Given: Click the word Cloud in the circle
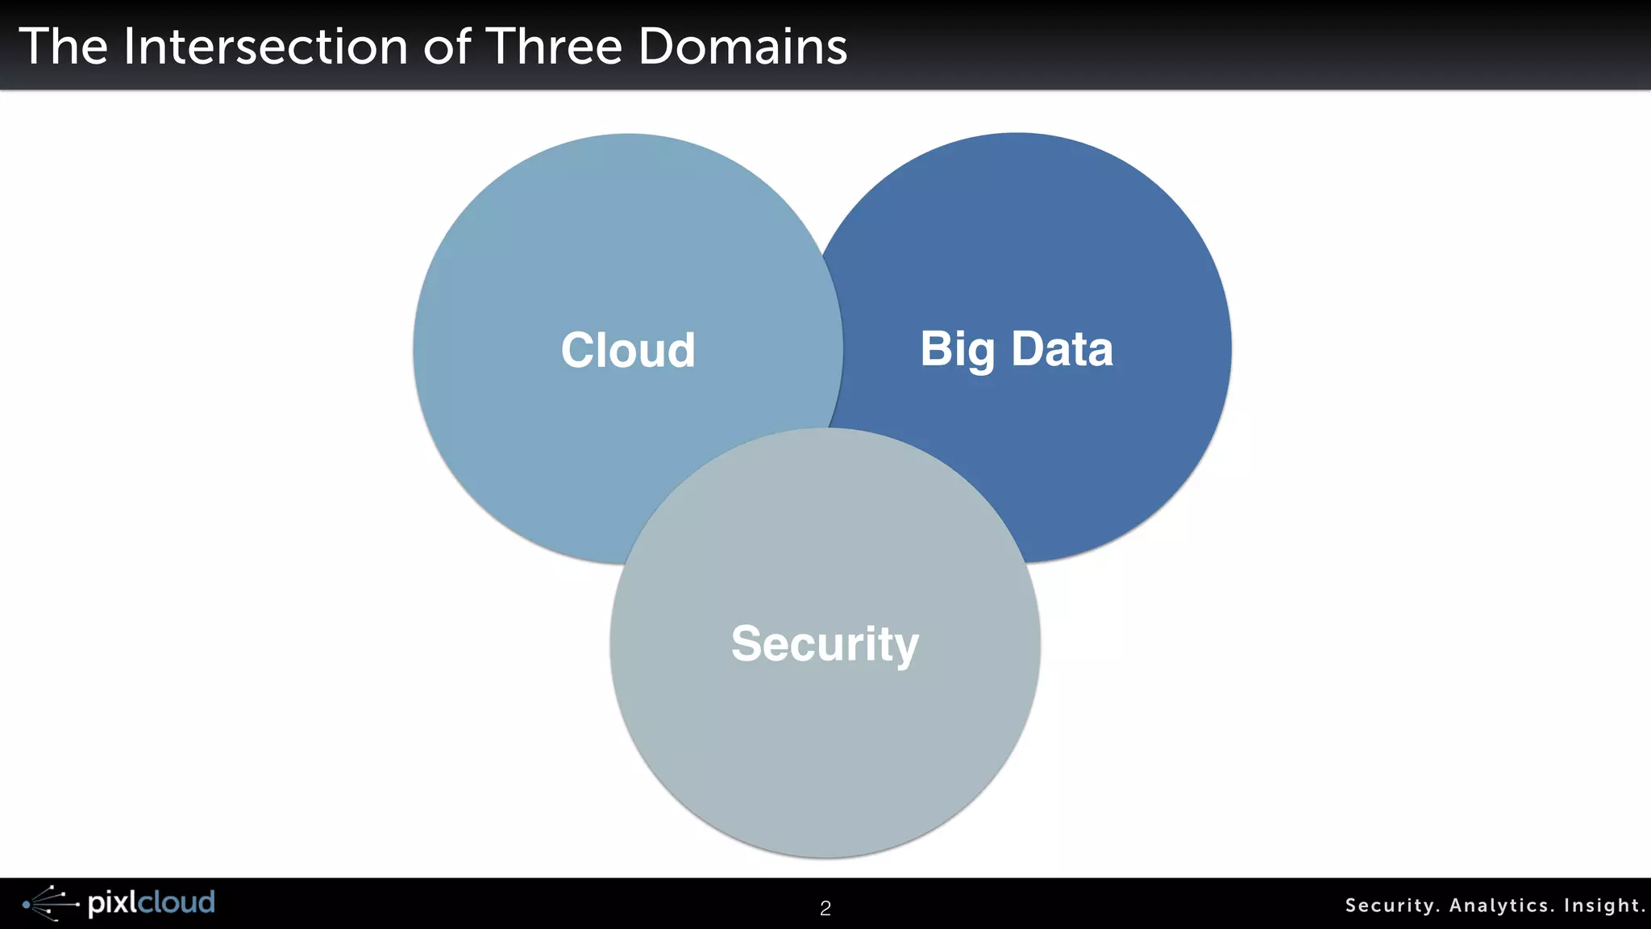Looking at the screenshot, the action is click(x=628, y=350).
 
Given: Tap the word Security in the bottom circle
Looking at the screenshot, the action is click(x=825, y=644).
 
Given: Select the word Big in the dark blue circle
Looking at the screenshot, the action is click(x=958, y=350).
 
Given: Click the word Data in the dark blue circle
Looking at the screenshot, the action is click(x=1062, y=349).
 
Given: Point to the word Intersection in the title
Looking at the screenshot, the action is click(x=266, y=46).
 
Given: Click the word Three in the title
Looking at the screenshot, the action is click(x=555, y=46).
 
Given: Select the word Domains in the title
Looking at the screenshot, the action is click(x=742, y=46).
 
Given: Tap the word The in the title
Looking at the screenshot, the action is click(x=63, y=46).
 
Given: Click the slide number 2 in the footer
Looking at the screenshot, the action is click(x=825, y=908).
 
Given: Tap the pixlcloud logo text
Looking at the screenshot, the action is click(x=152, y=902).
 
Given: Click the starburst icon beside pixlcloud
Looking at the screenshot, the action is click(x=50, y=903).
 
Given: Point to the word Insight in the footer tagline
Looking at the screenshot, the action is click(x=1603, y=906).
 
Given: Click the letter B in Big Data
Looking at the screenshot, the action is click(x=936, y=349).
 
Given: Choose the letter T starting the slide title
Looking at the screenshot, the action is click(x=35, y=46).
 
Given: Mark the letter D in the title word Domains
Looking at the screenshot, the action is click(x=657, y=46).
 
